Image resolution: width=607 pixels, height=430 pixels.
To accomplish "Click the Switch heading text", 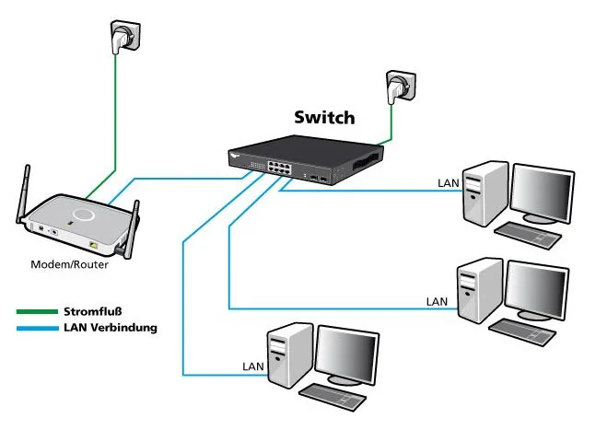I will [x=323, y=117].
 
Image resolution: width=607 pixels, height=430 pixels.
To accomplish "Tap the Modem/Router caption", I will [x=70, y=264].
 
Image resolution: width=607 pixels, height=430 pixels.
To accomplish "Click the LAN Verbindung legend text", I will [x=111, y=327].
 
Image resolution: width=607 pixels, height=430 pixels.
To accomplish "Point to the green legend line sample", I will [x=36, y=311].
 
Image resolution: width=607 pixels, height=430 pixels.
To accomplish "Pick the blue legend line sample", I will [x=36, y=327].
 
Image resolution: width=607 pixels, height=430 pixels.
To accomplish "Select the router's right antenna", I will [x=133, y=225].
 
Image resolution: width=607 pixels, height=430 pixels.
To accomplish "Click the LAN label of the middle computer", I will [x=437, y=301].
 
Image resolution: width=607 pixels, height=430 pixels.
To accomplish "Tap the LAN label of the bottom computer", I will [x=253, y=366].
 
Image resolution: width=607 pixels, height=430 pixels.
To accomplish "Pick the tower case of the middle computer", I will [x=480, y=290].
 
